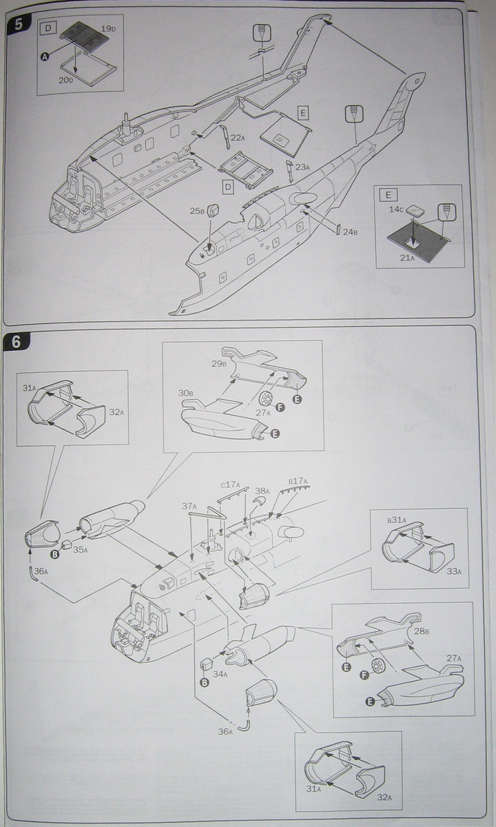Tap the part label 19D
pos(108,30)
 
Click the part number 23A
pos(301,167)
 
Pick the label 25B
pos(198,211)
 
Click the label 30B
pos(185,394)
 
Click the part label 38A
pos(262,492)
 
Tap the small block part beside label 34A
pos(205,666)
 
